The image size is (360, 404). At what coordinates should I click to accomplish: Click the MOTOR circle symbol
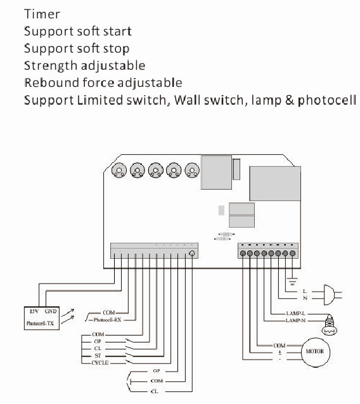(x=316, y=351)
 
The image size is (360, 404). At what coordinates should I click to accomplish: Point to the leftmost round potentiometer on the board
(x=118, y=170)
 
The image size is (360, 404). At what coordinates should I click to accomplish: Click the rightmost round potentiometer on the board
(x=193, y=170)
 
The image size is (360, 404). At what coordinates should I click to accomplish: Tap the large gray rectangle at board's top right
(x=273, y=183)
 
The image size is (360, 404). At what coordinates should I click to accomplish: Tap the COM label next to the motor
(x=278, y=345)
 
